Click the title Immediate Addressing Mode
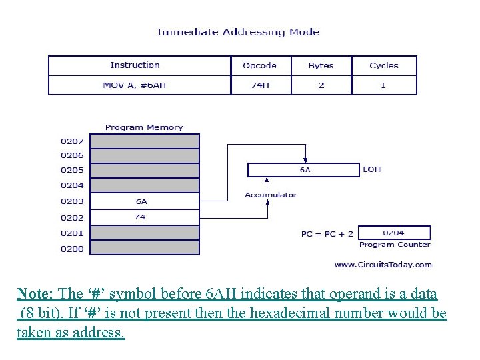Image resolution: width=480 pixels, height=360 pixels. click(238, 31)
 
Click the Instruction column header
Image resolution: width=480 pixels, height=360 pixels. click(135, 65)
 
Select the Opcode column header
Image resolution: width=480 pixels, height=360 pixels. click(259, 65)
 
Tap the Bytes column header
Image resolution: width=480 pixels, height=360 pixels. click(321, 65)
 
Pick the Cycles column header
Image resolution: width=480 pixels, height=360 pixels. click(383, 65)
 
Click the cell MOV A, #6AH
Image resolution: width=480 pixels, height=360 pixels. click(135, 85)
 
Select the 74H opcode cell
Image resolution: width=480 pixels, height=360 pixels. click(259, 85)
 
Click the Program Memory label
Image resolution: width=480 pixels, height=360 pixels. click(144, 127)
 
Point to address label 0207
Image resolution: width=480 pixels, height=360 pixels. click(72, 141)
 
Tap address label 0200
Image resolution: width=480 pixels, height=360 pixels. click(72, 249)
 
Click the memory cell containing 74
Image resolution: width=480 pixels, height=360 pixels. click(144, 217)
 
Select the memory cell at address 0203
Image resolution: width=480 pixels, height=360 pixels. click(144, 201)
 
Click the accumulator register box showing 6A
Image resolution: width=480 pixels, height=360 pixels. click(304, 170)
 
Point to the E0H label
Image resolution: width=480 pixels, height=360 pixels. click(372, 169)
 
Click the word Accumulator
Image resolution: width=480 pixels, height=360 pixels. click(271, 195)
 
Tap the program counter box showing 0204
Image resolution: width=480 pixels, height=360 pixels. click(394, 233)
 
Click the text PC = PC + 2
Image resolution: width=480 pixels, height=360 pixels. click(327, 234)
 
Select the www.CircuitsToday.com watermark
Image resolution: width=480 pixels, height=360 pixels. click(383, 265)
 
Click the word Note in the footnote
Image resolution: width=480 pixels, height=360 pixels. click(31, 294)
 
